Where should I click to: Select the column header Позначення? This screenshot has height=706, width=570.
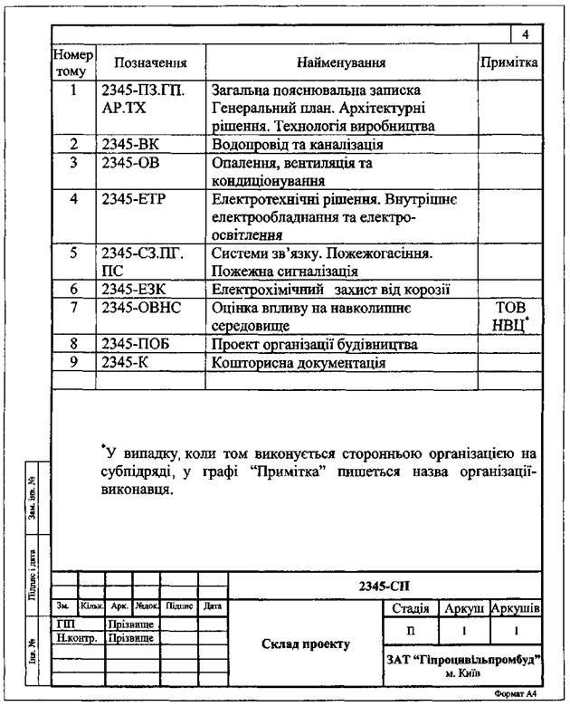pos(150,63)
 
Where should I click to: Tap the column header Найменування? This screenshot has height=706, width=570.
pos(342,63)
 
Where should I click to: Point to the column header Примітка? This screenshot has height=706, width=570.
pos(509,63)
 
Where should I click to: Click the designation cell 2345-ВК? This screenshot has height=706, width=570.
pos(130,144)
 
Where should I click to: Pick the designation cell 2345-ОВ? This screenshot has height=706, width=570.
pos(130,163)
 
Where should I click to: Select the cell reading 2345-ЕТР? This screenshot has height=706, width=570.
pos(134,198)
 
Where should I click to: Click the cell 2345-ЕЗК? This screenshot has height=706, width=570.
pos(134,290)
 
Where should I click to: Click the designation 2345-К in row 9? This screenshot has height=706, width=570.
pos(127,363)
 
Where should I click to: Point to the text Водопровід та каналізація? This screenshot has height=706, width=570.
pos(298,144)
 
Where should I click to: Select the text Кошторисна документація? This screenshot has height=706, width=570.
pos(299,363)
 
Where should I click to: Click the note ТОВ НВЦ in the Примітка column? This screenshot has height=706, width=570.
pos(509,317)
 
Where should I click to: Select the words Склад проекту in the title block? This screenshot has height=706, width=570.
pos(306,644)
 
